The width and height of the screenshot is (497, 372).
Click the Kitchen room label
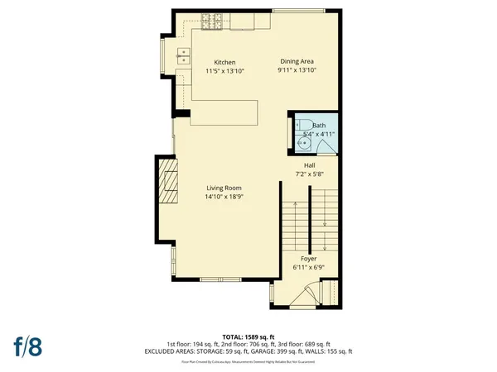tap(225, 63)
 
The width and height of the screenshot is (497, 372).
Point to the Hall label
tap(309, 165)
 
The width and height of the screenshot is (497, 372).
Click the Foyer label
tap(308, 259)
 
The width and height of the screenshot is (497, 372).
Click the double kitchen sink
tap(184, 55)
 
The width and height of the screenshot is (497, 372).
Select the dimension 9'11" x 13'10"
tap(297, 71)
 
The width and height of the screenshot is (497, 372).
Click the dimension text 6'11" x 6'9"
tap(308, 268)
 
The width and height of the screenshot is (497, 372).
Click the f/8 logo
tap(27, 345)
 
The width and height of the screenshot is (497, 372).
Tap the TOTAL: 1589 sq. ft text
tap(248, 336)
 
